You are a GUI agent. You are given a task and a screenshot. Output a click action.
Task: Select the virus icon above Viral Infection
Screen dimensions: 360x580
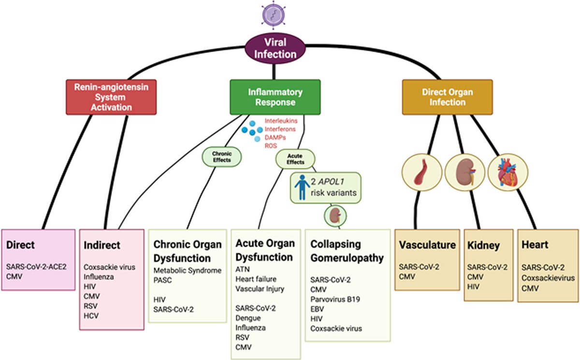click(274, 14)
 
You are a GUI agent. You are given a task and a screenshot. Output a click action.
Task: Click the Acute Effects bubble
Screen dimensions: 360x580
click(295, 159)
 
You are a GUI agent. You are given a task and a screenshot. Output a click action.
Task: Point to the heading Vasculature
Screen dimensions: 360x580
click(427, 245)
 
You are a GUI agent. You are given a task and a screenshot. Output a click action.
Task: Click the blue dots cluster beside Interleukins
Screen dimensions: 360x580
click(251, 131)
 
